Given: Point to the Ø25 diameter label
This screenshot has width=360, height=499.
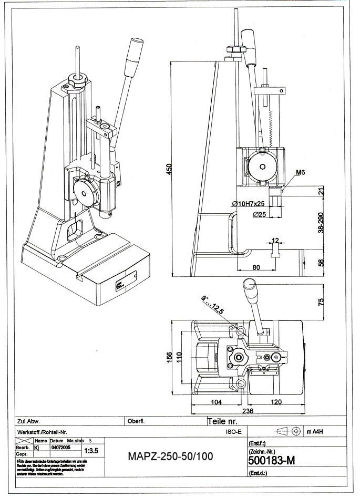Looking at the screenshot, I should coord(259,214).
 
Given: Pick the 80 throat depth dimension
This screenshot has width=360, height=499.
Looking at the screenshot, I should coord(256,267).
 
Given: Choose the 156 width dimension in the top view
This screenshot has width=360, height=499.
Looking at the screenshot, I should coord(170,356).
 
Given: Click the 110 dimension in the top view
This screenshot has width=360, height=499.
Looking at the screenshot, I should coord(179,356).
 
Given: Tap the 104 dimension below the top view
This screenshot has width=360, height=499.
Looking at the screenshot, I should coord(215,402).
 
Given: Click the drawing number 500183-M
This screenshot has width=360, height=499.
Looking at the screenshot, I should coord(271,461).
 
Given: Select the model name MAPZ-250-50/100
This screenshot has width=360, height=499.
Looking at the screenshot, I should coord(170,456).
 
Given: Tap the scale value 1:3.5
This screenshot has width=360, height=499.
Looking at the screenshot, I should coord(91,451).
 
